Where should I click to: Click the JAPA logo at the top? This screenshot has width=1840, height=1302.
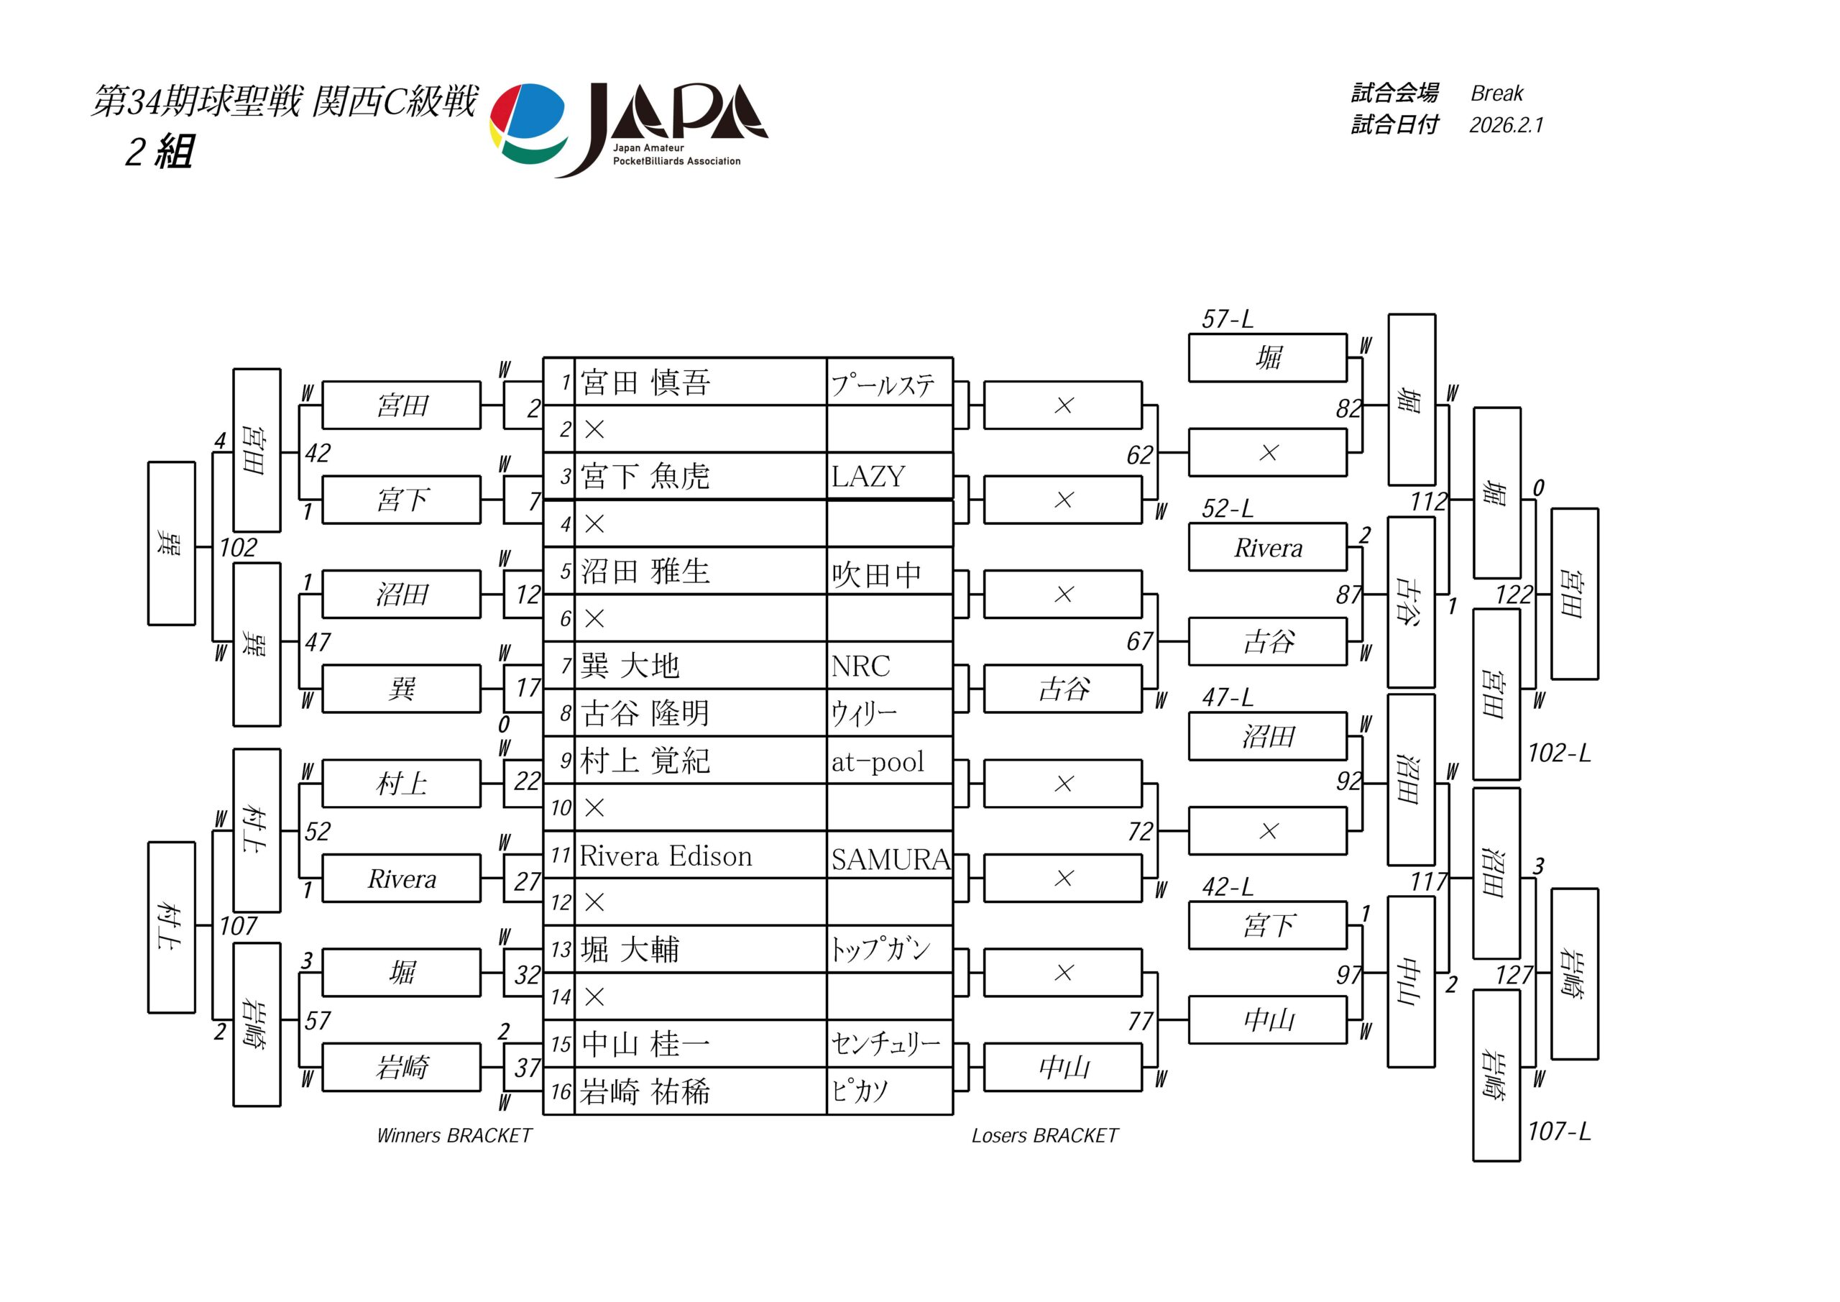(629, 128)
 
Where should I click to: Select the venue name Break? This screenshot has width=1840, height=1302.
(1496, 93)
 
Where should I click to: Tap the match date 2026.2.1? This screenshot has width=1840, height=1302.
(1506, 125)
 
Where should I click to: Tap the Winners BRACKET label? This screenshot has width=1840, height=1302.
(454, 1135)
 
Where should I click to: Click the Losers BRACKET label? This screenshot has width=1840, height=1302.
(1044, 1135)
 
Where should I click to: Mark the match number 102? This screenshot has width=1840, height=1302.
(238, 548)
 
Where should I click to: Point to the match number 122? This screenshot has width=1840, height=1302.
(1514, 595)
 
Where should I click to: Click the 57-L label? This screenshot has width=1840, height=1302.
(1227, 319)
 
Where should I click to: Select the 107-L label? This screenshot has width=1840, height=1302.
(1559, 1131)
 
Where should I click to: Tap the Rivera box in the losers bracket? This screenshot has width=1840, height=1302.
(1268, 548)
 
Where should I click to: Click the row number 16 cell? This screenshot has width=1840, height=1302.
(560, 1091)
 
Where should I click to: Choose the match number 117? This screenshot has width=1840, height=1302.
(1429, 882)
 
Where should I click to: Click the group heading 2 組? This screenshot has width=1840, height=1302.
(159, 151)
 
